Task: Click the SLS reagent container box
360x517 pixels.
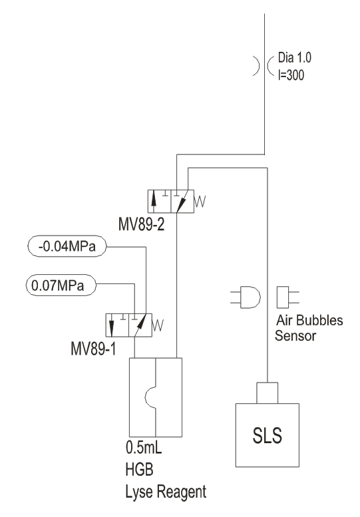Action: (x=267, y=435)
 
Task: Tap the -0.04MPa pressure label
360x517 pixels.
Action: (x=67, y=246)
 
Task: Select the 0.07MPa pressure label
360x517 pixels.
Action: (x=61, y=285)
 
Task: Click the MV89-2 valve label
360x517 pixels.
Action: (x=141, y=225)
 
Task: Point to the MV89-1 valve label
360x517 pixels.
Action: (x=93, y=349)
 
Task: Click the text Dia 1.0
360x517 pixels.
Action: (x=294, y=58)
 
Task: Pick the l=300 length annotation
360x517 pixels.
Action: (x=291, y=75)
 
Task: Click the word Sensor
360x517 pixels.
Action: (x=295, y=335)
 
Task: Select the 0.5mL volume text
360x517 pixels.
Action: (x=144, y=447)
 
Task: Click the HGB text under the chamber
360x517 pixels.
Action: (x=139, y=469)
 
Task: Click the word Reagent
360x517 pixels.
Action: (x=181, y=492)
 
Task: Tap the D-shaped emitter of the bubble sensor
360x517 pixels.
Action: (x=250, y=297)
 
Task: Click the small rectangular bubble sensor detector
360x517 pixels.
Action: (x=283, y=297)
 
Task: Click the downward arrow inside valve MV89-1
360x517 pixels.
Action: (x=111, y=325)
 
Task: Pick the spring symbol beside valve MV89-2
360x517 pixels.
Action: (x=200, y=202)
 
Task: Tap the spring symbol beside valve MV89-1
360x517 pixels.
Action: (x=158, y=325)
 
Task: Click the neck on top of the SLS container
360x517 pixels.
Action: (x=267, y=393)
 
